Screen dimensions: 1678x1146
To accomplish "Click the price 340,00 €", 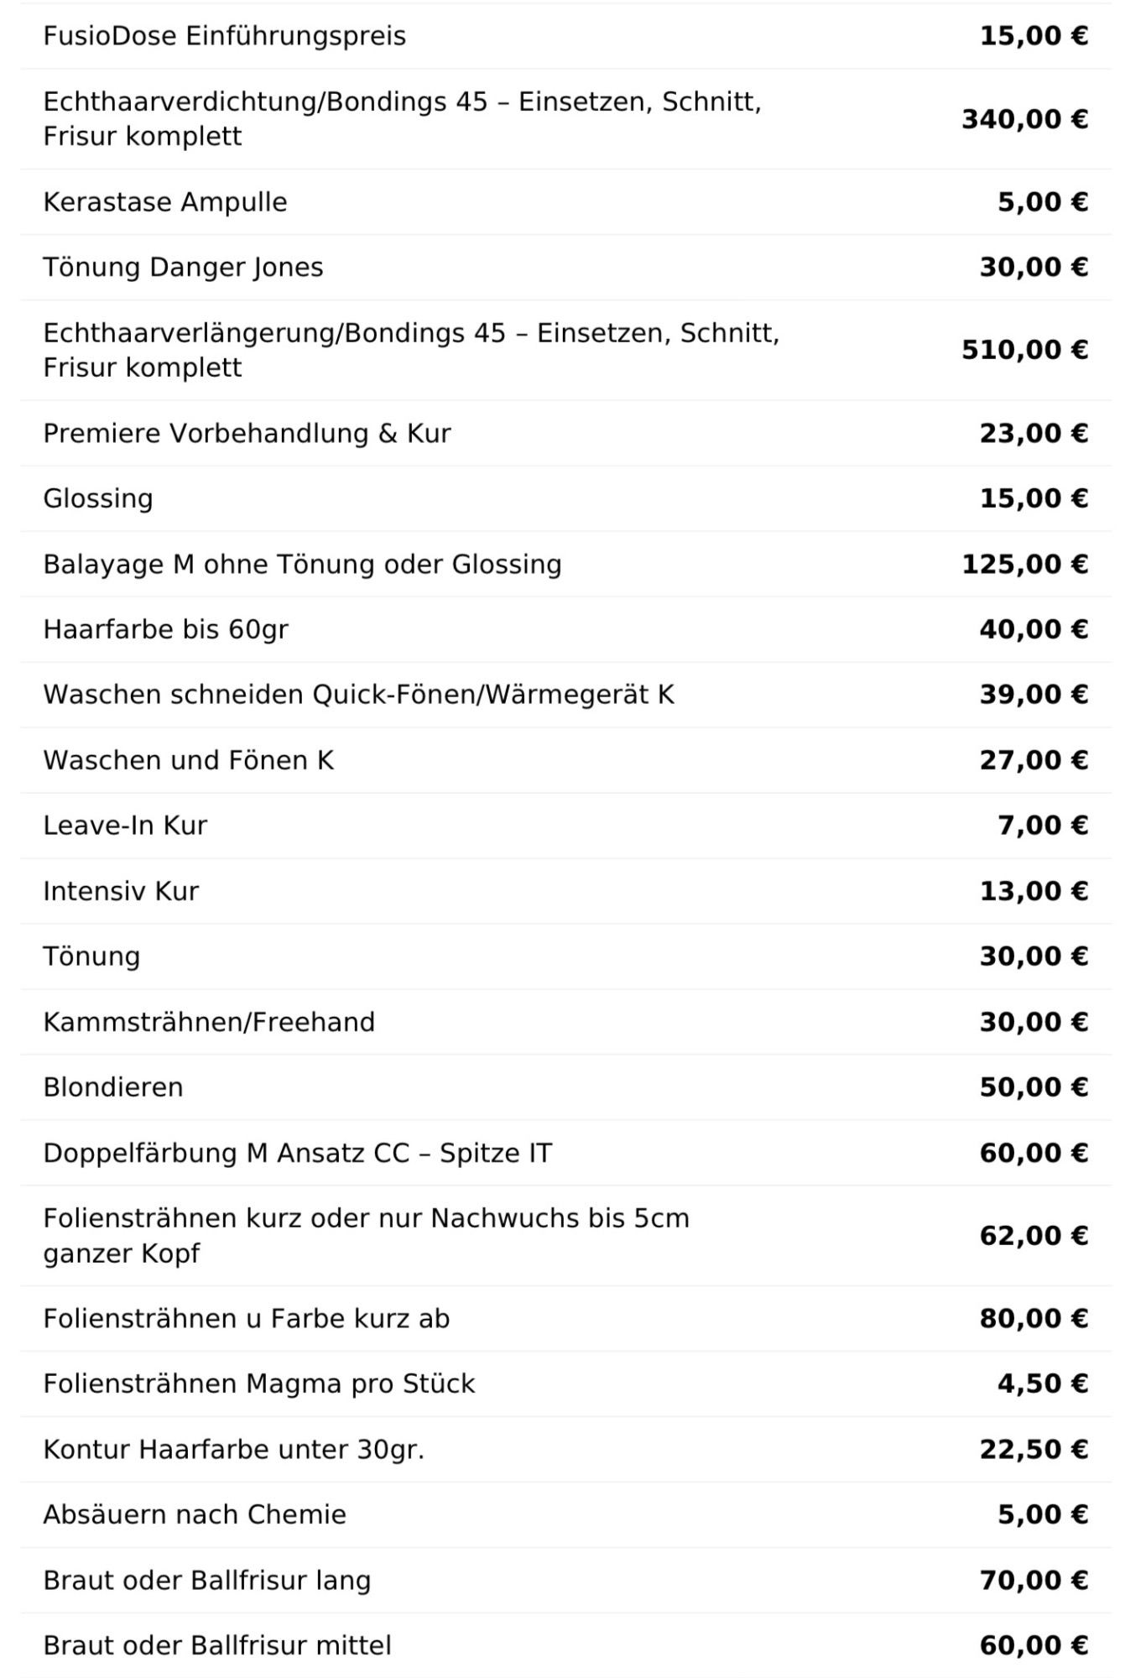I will (x=1024, y=119).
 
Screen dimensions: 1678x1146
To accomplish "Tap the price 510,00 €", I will (x=1024, y=350).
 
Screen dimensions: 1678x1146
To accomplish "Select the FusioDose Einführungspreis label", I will (x=224, y=36).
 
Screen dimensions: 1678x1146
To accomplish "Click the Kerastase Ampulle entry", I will (x=165, y=202).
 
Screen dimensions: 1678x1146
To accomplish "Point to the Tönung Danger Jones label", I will (x=183, y=268).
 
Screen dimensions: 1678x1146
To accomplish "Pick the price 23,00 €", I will (x=1034, y=433).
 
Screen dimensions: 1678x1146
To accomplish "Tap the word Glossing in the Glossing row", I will (x=98, y=498).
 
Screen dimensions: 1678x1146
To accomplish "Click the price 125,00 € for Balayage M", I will (x=1024, y=564).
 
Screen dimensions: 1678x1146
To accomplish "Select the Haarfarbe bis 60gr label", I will (x=165, y=629).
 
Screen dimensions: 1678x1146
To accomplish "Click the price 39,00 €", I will (x=1034, y=695).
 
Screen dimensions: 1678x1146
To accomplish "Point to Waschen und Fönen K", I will (x=189, y=760).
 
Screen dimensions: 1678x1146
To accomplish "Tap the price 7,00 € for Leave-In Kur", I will (x=1043, y=826).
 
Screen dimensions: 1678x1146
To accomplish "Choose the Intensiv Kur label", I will (x=121, y=891).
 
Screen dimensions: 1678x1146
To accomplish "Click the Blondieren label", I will (x=113, y=1087).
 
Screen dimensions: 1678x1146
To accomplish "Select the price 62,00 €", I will (x=1034, y=1236).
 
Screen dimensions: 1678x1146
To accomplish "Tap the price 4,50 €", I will (x=1043, y=1384).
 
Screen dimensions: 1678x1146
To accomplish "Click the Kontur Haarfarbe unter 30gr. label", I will (x=233, y=1450).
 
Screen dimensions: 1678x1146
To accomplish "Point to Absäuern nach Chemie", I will (x=195, y=1514).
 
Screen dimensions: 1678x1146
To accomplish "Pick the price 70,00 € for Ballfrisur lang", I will (x=1034, y=1581).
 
